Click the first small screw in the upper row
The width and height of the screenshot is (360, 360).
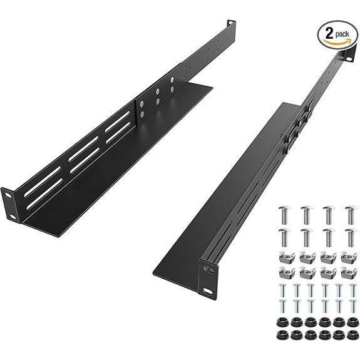point(281,291)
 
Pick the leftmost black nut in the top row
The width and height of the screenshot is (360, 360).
point(281,322)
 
